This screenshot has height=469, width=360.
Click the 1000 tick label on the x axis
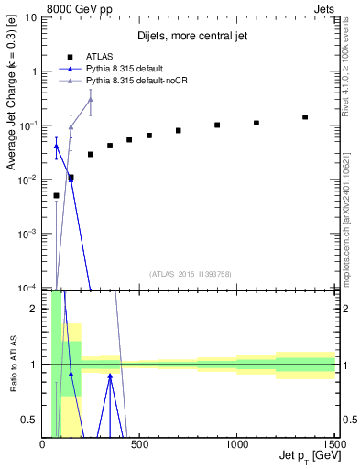(237, 444)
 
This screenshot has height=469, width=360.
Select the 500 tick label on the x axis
(140, 444)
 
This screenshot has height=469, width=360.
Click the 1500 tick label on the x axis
(334, 444)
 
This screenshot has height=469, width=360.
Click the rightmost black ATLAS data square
(305, 117)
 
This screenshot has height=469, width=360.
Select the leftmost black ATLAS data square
(56, 195)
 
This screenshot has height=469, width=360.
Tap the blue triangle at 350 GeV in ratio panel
(110, 375)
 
